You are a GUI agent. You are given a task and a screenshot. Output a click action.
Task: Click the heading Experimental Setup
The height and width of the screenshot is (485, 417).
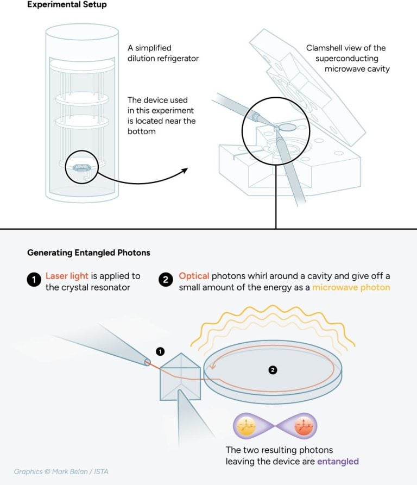click(x=67, y=5)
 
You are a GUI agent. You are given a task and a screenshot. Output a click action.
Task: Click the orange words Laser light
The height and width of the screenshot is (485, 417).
click(x=66, y=276)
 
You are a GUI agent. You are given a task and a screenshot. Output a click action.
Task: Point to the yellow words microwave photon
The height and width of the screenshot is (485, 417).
click(x=351, y=287)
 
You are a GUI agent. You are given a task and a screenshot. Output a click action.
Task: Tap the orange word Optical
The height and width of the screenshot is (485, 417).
click(x=194, y=276)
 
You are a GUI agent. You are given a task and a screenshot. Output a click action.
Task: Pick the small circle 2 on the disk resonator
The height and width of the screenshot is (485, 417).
click(x=273, y=370)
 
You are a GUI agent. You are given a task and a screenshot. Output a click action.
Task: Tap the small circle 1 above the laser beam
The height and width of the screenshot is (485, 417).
click(x=159, y=351)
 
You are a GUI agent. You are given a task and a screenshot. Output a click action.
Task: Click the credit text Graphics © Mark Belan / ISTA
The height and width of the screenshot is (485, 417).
click(x=61, y=471)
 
